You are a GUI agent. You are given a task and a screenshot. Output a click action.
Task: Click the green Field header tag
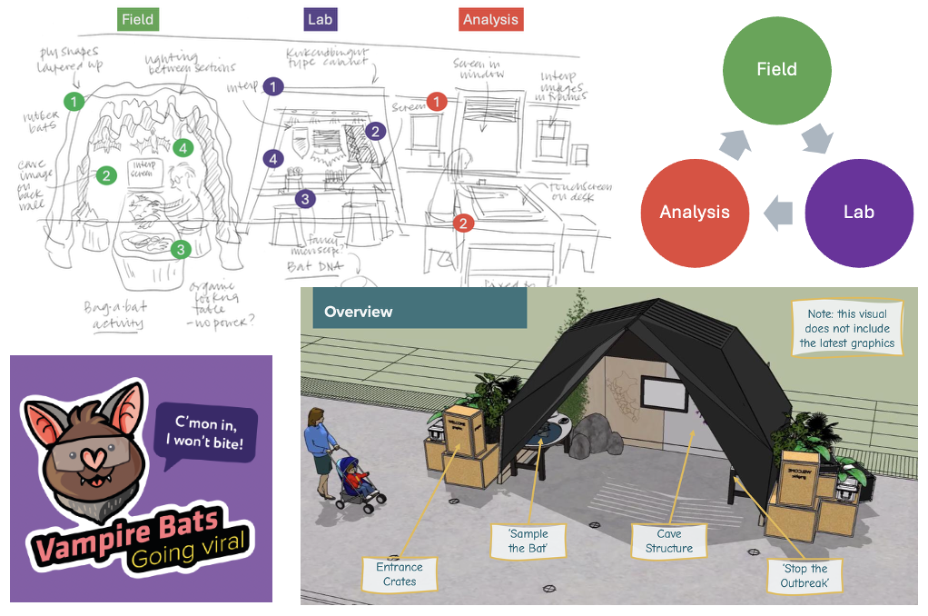pyautogui.click(x=137, y=19)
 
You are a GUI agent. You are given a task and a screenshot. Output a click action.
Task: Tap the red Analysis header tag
pyautogui.click(x=490, y=19)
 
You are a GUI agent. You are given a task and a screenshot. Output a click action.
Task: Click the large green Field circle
pyautogui.click(x=776, y=69)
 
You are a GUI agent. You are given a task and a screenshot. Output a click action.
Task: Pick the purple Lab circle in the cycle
pyautogui.click(x=858, y=213)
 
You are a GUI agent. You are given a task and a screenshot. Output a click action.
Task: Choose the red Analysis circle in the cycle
pyautogui.click(x=695, y=213)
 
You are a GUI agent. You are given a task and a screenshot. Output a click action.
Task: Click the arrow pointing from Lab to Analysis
pyautogui.click(x=777, y=213)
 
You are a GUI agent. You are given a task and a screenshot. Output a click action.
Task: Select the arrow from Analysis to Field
pyautogui.click(x=735, y=142)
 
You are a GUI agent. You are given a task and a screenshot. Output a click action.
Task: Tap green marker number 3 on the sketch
pyautogui.click(x=181, y=249)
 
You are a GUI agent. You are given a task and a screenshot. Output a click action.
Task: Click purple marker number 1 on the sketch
pyautogui.click(x=274, y=87)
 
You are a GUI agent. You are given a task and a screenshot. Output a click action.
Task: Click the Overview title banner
pyautogui.click(x=419, y=311)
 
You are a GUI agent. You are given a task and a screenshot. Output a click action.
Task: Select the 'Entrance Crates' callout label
pyautogui.click(x=400, y=573)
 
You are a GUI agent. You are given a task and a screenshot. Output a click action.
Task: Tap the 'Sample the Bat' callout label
pyautogui.click(x=528, y=541)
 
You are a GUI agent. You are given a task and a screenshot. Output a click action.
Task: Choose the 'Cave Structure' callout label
pyautogui.click(x=669, y=541)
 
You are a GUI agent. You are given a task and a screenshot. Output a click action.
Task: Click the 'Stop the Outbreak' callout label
pyautogui.click(x=804, y=576)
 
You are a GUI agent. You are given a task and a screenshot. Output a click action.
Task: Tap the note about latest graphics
pyautogui.click(x=846, y=328)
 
